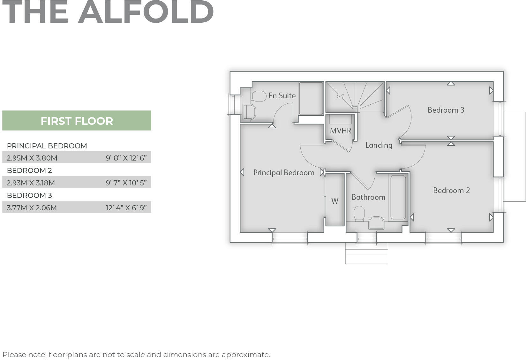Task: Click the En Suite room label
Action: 282,95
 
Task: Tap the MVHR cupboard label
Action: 340,131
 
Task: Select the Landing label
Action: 379,145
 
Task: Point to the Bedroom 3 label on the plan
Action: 446,110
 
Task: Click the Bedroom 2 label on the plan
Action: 451,191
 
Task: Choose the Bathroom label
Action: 368,197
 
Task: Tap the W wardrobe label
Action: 334,201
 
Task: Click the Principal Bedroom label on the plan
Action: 283,173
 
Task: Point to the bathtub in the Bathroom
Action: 398,197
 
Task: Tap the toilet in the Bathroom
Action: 359,213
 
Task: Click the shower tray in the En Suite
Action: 311,98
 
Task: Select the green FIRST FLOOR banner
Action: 77,121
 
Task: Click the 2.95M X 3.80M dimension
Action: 32,158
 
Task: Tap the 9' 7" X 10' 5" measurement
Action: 126,183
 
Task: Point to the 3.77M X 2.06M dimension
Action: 32,208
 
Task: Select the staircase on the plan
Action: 355,96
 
